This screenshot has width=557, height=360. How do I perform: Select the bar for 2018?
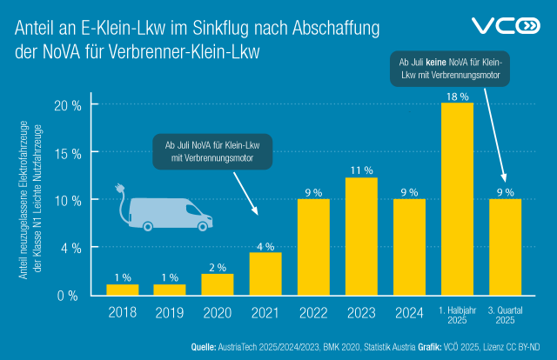[x=122, y=290]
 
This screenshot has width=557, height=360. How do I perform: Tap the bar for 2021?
[x=266, y=273]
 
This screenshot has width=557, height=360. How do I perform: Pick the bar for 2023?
[x=361, y=236]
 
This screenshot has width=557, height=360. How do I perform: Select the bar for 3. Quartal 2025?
[x=505, y=247]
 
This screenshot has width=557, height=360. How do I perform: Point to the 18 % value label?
[x=457, y=95]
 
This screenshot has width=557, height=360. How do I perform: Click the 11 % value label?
[x=361, y=170]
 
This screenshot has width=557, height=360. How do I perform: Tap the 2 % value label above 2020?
[x=218, y=266]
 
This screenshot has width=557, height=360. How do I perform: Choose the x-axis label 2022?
[x=313, y=311]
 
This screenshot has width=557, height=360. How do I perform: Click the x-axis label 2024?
[x=409, y=311]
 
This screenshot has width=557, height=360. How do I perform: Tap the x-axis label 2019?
[x=170, y=311]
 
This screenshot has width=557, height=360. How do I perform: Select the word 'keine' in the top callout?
[x=437, y=63]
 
